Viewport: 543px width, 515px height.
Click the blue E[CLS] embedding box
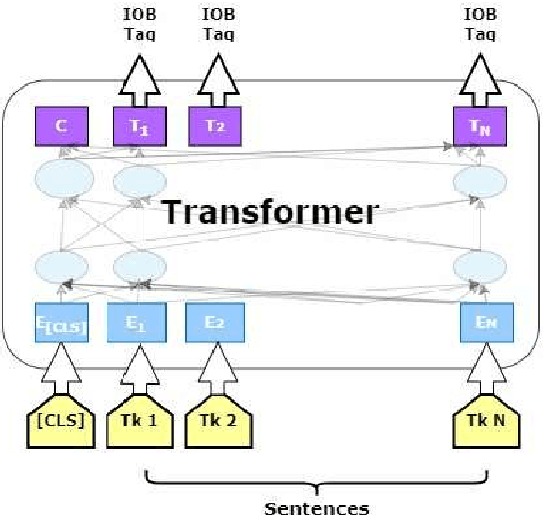[x=61, y=324]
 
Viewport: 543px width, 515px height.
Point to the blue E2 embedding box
[x=215, y=324]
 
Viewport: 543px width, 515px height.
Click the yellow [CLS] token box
[x=61, y=422]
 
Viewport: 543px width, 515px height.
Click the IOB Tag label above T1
[x=139, y=25]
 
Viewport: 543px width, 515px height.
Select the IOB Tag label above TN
[x=481, y=25]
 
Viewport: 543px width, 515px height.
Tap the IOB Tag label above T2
[x=219, y=25]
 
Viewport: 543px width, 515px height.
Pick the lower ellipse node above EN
[x=481, y=265]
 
